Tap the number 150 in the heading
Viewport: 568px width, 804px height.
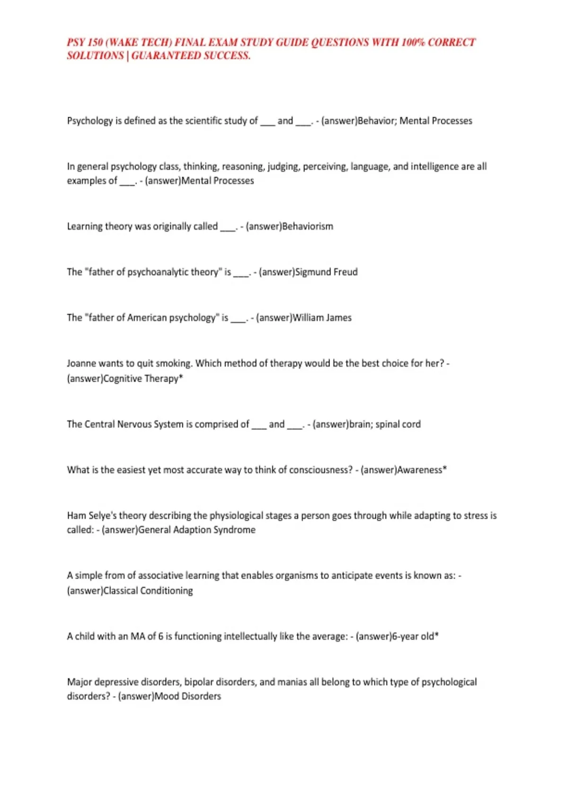95,42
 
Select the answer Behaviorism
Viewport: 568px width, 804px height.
308,227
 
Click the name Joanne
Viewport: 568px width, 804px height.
81,364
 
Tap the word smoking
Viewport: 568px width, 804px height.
174,364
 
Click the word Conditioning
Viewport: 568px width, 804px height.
167,591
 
